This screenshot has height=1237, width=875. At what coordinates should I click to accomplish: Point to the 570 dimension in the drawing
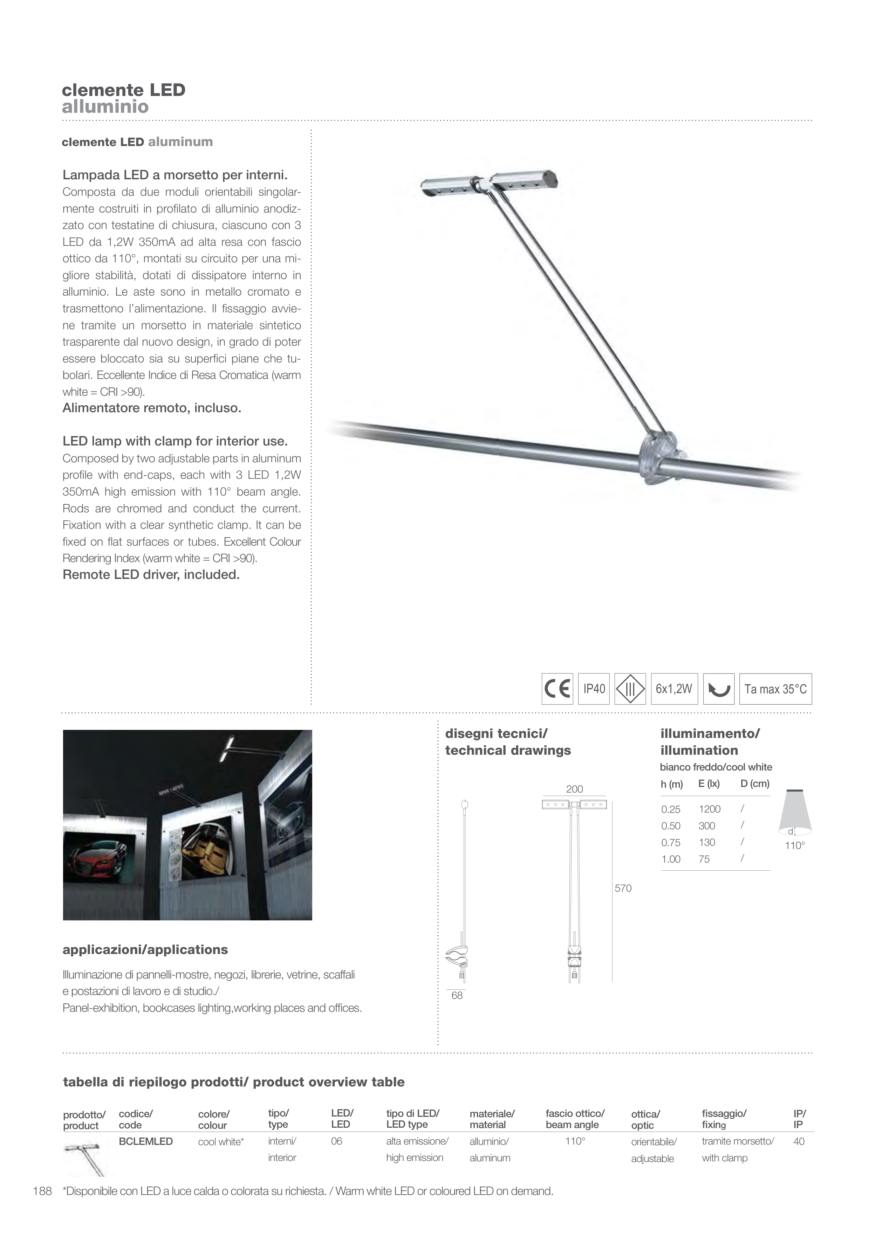pos(623,888)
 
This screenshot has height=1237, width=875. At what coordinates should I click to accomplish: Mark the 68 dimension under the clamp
pos(457,996)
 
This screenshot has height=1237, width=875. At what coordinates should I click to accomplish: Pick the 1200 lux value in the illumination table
pos(709,809)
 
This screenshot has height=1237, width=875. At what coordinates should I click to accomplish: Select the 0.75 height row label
pos(671,843)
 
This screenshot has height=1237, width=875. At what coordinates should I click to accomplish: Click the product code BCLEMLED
pos(145,1141)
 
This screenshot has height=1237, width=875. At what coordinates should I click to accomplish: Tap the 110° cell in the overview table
pos(575,1141)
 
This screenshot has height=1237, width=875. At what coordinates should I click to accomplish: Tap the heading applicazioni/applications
pos(145,949)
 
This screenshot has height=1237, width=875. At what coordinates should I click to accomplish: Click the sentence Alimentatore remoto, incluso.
pos(151,408)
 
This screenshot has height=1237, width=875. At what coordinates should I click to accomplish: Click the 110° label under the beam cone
pos(794,845)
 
